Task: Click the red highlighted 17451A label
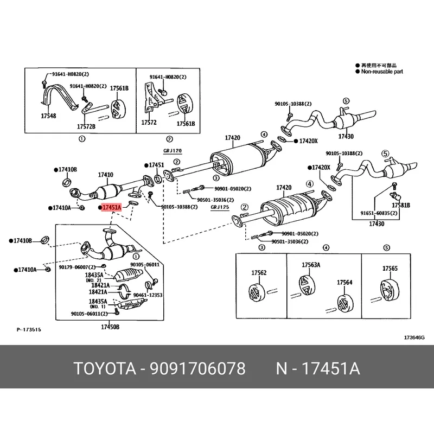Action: pyautogui.click(x=111, y=207)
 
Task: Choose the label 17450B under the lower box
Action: pyautogui.click(x=110, y=327)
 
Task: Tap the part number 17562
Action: pyautogui.click(x=258, y=273)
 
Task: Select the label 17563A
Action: pyautogui.click(x=311, y=265)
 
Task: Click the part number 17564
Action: pyautogui.click(x=344, y=283)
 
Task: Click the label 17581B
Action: pyautogui.click(x=403, y=206)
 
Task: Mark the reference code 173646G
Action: pyautogui.click(x=414, y=337)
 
